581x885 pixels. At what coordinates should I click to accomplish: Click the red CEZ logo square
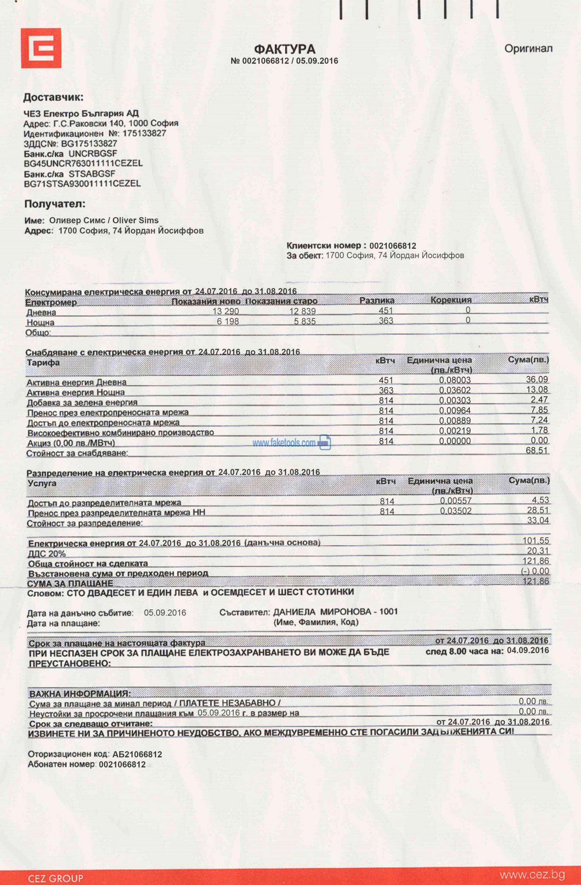point(41,48)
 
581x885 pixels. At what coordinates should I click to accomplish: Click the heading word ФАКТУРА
point(285,49)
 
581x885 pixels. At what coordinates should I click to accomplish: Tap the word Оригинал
point(528,49)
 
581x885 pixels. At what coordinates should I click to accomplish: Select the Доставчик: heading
point(53,97)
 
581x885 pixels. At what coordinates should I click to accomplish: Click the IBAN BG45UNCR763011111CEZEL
point(83,164)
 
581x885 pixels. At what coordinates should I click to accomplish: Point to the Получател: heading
point(55,204)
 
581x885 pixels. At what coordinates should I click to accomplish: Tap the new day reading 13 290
point(225,311)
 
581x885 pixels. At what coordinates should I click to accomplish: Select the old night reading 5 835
point(305,321)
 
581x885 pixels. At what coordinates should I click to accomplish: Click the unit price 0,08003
point(455,380)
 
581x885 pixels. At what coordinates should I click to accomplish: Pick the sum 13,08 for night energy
point(537,389)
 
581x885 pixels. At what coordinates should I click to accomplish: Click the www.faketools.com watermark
point(284,443)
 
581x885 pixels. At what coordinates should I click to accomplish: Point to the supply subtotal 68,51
point(537,451)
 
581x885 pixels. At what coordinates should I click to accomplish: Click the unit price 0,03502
point(456,511)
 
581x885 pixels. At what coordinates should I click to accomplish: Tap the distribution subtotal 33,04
point(538,520)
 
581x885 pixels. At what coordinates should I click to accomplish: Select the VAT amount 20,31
point(538,551)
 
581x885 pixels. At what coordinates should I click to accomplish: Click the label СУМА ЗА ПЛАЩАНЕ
point(70,584)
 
